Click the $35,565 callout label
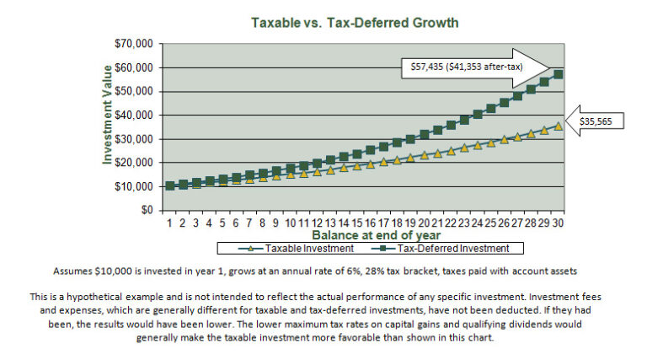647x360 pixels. (x=602, y=121)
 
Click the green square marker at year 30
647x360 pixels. (x=558, y=74)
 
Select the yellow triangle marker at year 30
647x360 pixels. (x=558, y=126)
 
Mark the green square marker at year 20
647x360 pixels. (x=425, y=134)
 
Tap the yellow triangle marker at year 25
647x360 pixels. (x=491, y=144)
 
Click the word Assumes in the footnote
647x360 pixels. (x=74, y=272)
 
